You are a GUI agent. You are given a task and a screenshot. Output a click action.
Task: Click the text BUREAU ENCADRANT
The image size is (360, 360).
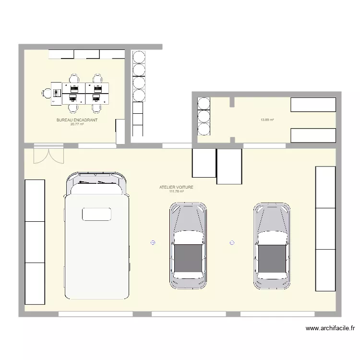(x=77, y=120)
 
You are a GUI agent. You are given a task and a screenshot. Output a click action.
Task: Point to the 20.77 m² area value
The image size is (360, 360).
(x=77, y=124)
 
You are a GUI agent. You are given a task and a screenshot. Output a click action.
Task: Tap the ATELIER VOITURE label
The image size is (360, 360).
(x=176, y=187)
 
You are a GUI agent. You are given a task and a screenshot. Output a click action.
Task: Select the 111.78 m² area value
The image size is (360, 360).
(x=176, y=191)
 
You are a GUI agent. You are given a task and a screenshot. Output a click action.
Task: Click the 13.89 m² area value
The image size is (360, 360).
(x=267, y=120)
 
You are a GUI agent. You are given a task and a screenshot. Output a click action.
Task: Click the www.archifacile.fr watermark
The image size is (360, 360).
(x=330, y=329)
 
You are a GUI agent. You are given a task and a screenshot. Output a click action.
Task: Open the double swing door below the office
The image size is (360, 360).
(x=48, y=155)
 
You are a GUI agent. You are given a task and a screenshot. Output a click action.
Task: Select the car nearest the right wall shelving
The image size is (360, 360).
(x=272, y=245)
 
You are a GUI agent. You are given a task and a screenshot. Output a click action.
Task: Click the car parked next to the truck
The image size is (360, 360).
(x=188, y=245)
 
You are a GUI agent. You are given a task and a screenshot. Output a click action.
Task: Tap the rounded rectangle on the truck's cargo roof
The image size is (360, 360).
(x=96, y=214)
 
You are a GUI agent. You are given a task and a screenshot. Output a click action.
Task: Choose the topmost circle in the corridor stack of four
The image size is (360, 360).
(x=139, y=57)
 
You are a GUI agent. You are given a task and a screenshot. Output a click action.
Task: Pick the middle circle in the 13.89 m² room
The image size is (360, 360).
(x=204, y=116)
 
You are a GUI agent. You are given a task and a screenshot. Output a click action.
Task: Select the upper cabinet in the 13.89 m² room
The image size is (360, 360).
(x=313, y=105)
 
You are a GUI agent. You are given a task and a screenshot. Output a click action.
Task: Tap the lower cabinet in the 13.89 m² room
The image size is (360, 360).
(x=313, y=135)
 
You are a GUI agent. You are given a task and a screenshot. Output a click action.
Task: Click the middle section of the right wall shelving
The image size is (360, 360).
(x=325, y=228)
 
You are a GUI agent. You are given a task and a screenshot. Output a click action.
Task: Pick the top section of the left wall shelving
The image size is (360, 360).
(x=35, y=200)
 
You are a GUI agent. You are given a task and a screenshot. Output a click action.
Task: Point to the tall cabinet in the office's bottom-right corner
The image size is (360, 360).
(x=120, y=131)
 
